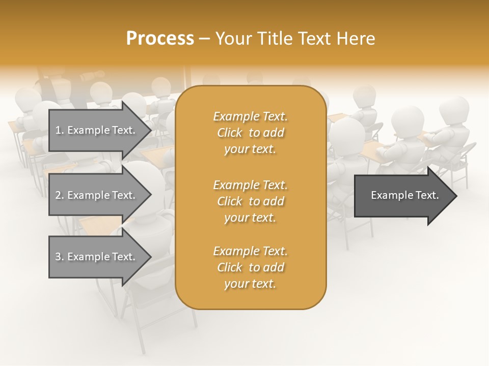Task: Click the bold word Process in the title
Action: [x=160, y=39]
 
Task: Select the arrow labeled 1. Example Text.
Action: [x=97, y=130]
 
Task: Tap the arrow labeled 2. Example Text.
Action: [x=97, y=195]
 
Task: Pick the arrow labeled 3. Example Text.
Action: [x=97, y=257]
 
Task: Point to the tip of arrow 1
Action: [x=150, y=130]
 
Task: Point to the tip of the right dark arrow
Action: [x=456, y=195]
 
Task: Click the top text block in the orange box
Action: [x=250, y=133]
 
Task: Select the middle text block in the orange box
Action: [x=250, y=201]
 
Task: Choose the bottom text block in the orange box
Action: [x=250, y=267]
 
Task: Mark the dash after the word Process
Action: [x=205, y=39]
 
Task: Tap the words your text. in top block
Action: [x=250, y=149]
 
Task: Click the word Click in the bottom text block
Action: [x=230, y=267]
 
